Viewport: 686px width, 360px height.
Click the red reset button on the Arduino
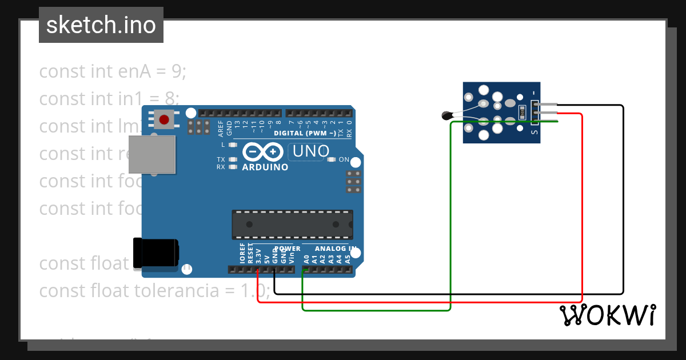click(x=164, y=119)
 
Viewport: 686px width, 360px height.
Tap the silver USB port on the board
click(x=151, y=154)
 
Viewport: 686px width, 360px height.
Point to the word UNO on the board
click(x=310, y=151)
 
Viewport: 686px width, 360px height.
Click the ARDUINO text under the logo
click(x=265, y=167)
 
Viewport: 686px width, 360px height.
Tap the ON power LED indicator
click(x=332, y=159)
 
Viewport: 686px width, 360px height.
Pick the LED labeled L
click(x=233, y=145)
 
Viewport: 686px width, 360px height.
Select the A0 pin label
click(x=306, y=258)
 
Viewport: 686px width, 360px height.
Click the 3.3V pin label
click(x=258, y=255)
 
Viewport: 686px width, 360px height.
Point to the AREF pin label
click(x=221, y=129)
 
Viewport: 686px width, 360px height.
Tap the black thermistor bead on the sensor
click(x=447, y=116)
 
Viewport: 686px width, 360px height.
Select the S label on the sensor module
click(x=534, y=133)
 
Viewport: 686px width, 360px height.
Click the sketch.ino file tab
click(x=101, y=25)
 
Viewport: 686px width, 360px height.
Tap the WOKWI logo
click(x=607, y=315)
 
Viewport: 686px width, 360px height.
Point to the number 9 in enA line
click(x=176, y=71)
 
